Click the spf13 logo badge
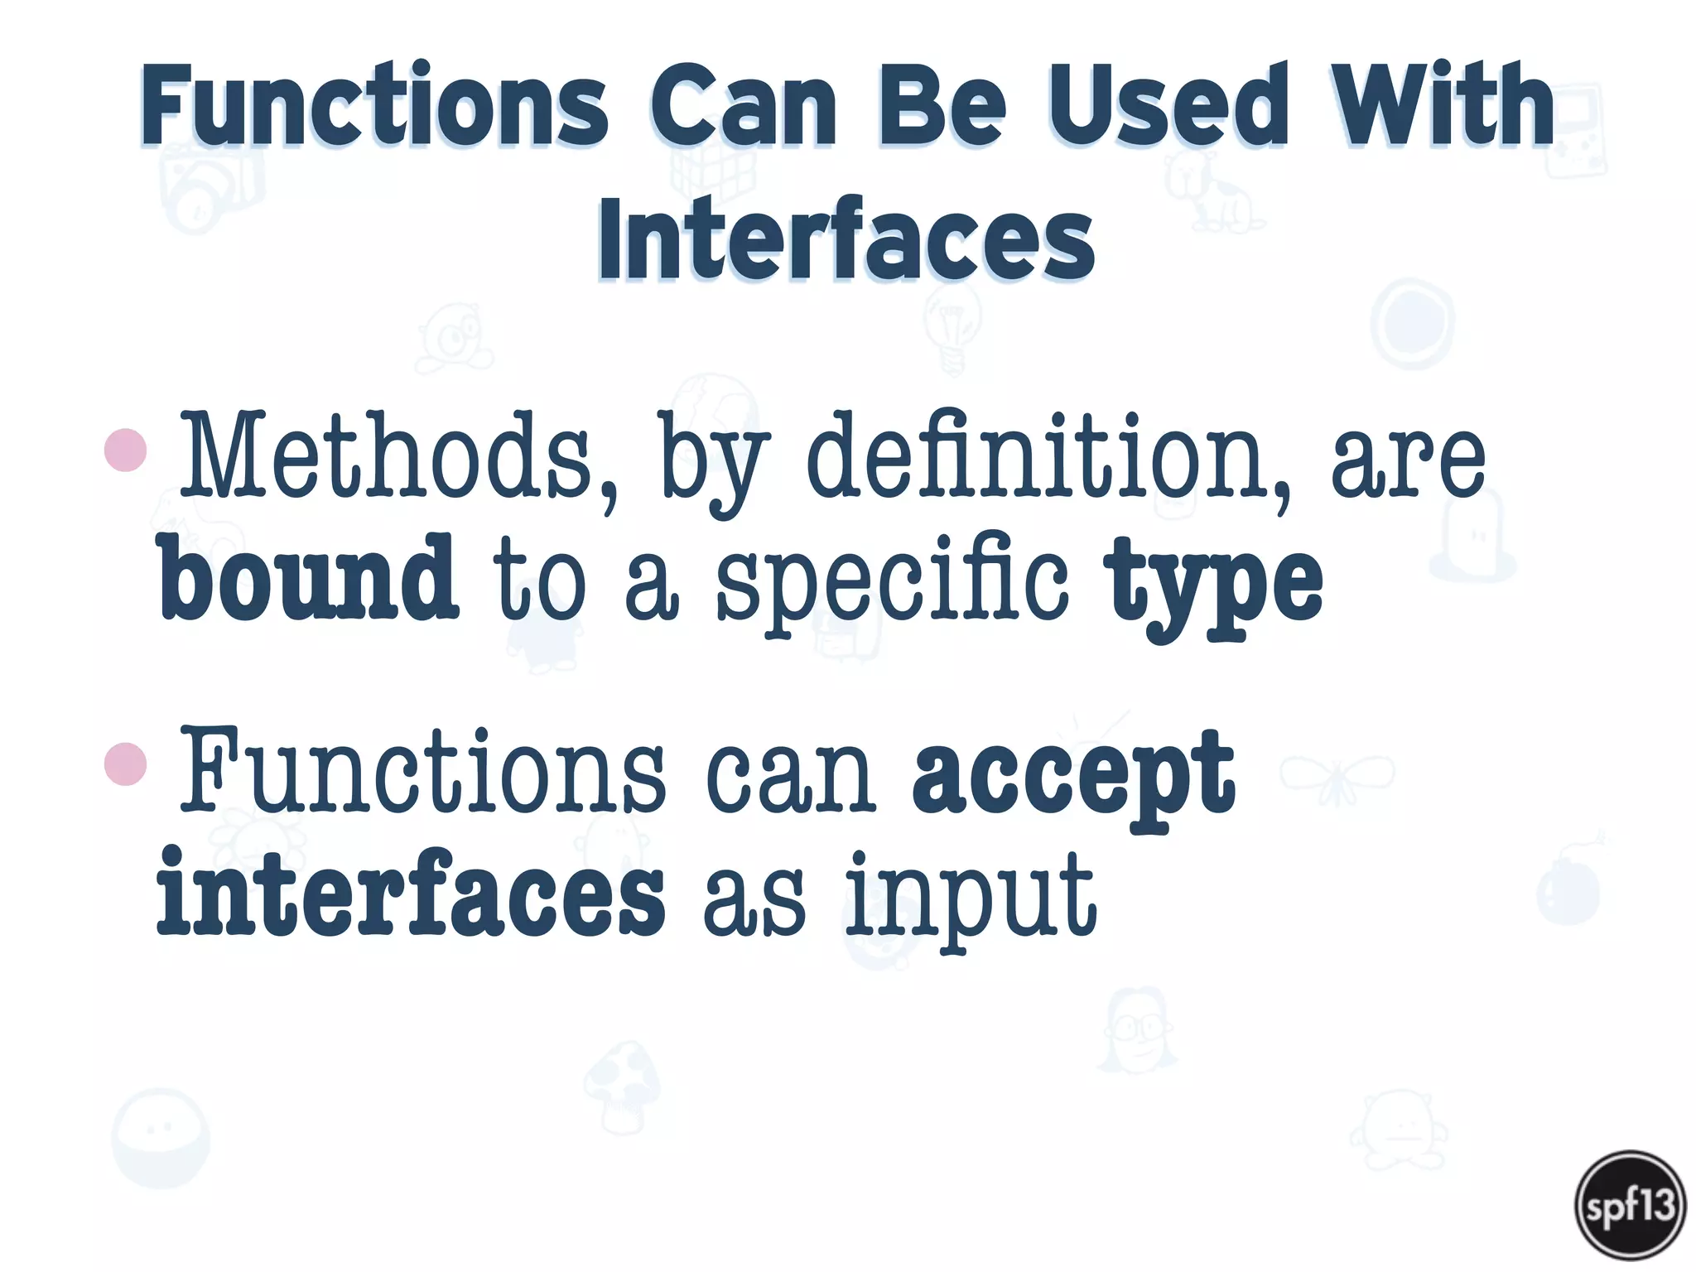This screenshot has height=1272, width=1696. point(1630,1205)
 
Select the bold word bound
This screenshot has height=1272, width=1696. point(307,577)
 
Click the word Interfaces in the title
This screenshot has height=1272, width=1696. point(846,240)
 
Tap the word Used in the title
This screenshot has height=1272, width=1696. point(1168,105)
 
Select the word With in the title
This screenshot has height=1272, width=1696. point(1441,105)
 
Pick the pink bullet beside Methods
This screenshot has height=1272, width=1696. point(126,450)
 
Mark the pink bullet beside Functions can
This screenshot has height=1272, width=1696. point(126,764)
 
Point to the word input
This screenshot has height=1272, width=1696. point(971,899)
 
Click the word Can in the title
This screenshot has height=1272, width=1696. point(743,105)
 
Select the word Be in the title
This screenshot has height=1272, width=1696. point(942,105)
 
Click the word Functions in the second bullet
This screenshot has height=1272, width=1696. point(422,770)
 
